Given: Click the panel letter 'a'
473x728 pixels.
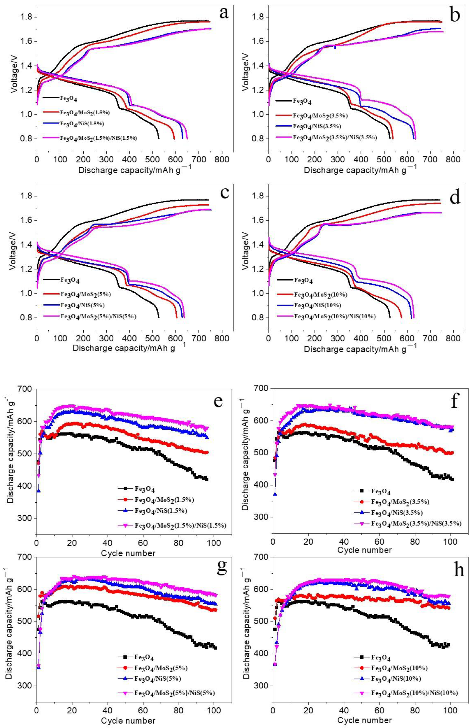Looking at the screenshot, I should tap(224, 14).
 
